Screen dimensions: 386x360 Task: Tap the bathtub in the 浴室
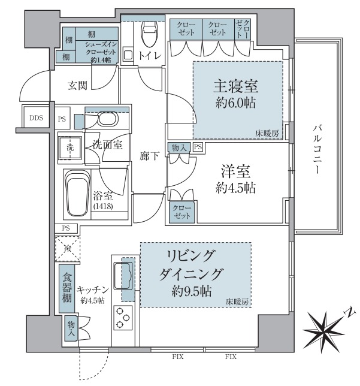(x=77, y=194)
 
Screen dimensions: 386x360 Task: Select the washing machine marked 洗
(x=68, y=146)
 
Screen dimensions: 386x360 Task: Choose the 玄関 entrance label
(x=78, y=85)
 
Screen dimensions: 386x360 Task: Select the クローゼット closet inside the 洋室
(x=181, y=212)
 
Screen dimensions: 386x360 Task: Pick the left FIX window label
(x=178, y=357)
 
